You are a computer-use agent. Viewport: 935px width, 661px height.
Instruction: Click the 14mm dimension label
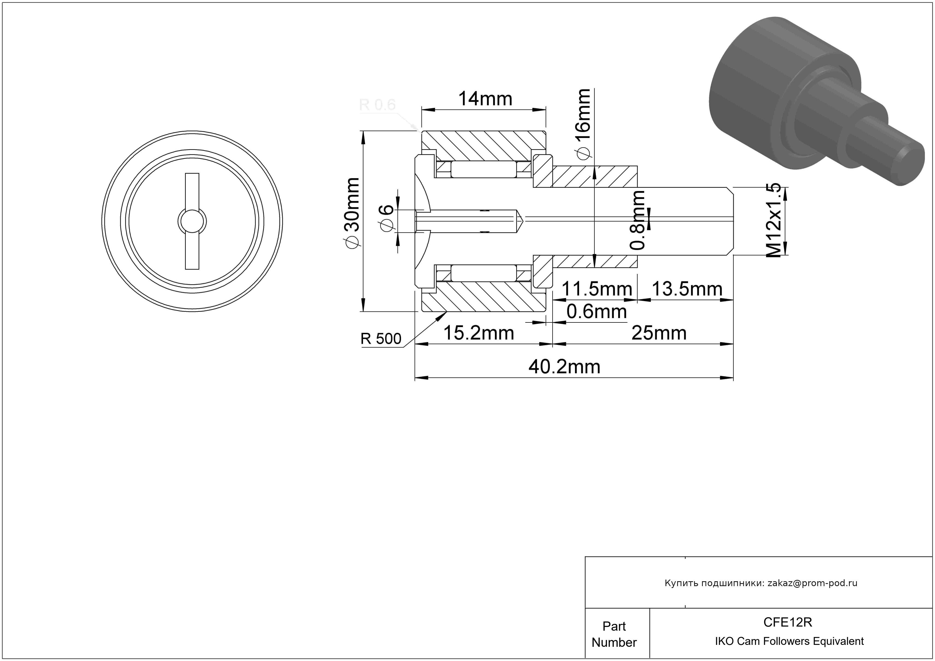[485, 99]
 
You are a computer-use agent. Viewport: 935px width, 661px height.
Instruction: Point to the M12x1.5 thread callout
[773, 220]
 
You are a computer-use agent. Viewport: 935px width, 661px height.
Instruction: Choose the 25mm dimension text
[659, 333]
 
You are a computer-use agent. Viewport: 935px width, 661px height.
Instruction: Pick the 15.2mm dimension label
[479, 333]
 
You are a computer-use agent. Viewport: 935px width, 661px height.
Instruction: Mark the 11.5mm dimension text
[597, 289]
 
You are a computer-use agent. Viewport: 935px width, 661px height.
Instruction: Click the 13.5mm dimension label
[687, 289]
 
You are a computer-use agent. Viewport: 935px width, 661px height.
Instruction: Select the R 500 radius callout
[381, 339]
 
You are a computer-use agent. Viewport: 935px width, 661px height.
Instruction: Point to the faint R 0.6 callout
[377, 105]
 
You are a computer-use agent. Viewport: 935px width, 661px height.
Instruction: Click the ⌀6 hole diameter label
[387, 218]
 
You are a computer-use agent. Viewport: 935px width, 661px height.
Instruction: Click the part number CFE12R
[787, 622]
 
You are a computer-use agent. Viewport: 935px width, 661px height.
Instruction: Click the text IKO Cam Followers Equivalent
[789, 641]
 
